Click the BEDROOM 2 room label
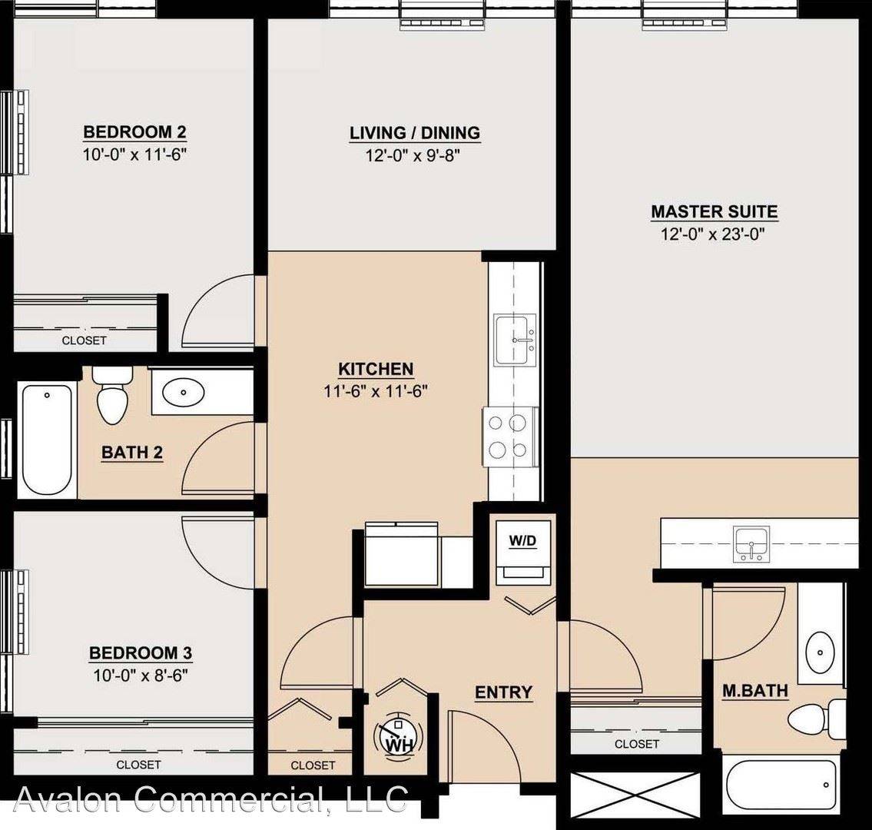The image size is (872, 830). tap(134, 132)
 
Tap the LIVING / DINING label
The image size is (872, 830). tap(415, 133)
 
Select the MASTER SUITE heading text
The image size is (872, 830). tap(714, 212)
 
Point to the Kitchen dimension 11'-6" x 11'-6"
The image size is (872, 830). tap(376, 392)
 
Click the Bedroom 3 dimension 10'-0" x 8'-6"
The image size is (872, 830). tap(140, 676)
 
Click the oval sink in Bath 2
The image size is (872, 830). tap(183, 392)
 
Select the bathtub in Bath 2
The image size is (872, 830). tap(47, 440)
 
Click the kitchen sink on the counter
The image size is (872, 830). tap(515, 340)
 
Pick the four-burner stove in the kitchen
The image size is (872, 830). tap(510, 437)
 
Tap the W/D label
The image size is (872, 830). tap(522, 541)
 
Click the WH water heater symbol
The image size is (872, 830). tap(397, 737)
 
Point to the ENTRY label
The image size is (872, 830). tap(503, 692)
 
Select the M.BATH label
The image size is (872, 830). tap(755, 691)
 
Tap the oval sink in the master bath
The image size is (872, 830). tap(821, 652)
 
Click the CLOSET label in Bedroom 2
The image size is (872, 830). tap(84, 340)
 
